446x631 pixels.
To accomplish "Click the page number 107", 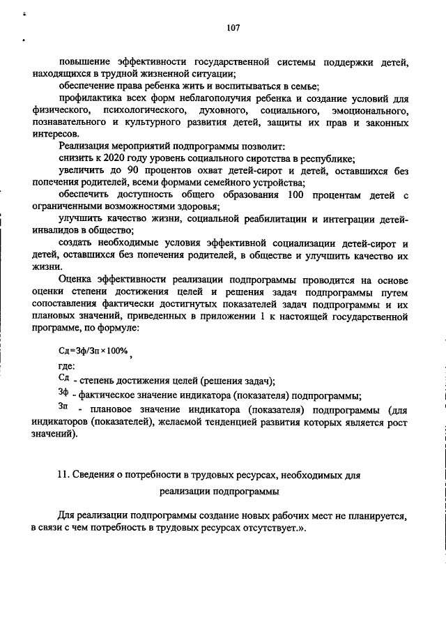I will point(233,28).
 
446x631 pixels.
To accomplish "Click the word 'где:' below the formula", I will point(67,366).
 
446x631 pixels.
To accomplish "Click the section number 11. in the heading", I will point(64,474).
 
